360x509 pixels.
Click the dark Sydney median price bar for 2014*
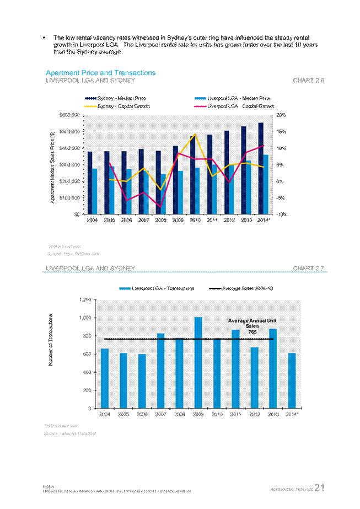tap(261, 168)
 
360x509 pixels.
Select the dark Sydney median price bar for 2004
tap(90, 183)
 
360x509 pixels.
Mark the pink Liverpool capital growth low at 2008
tap(160, 207)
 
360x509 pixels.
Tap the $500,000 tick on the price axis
tap(69, 131)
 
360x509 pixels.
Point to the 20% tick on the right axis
tap(280, 115)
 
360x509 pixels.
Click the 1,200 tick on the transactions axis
tap(84, 300)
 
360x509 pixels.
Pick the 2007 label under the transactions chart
tap(160, 413)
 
